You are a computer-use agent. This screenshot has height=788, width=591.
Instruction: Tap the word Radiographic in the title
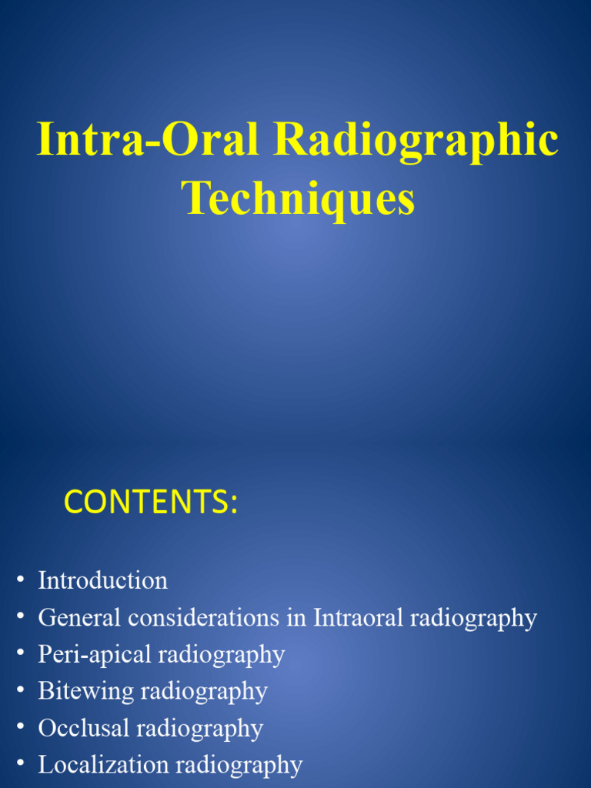point(416,140)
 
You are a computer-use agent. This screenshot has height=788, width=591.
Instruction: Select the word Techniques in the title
point(299,198)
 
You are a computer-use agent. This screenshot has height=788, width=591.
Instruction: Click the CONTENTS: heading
point(151,502)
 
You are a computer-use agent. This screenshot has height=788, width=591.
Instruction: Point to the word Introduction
point(102,580)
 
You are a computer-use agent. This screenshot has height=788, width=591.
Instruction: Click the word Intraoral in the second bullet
point(359,617)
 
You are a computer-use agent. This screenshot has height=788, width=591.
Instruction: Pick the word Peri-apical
point(95,654)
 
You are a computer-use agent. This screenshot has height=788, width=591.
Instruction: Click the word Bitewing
point(85,691)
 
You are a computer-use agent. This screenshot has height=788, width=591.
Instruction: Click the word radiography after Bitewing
point(204,691)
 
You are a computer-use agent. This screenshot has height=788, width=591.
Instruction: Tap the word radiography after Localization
point(239,765)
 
